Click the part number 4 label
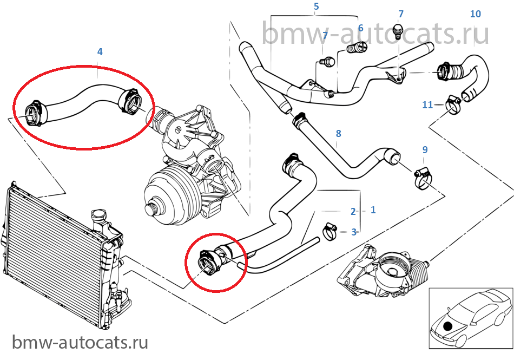100,51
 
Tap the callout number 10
475,14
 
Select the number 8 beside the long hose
338,133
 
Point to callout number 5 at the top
317,7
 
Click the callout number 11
427,104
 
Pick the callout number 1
373,210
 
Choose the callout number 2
353,212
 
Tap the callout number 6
360,27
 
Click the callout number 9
425,149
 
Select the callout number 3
354,232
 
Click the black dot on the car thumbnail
448,326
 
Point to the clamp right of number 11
452,102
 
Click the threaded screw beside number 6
354,50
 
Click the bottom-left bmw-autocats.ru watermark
80,342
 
